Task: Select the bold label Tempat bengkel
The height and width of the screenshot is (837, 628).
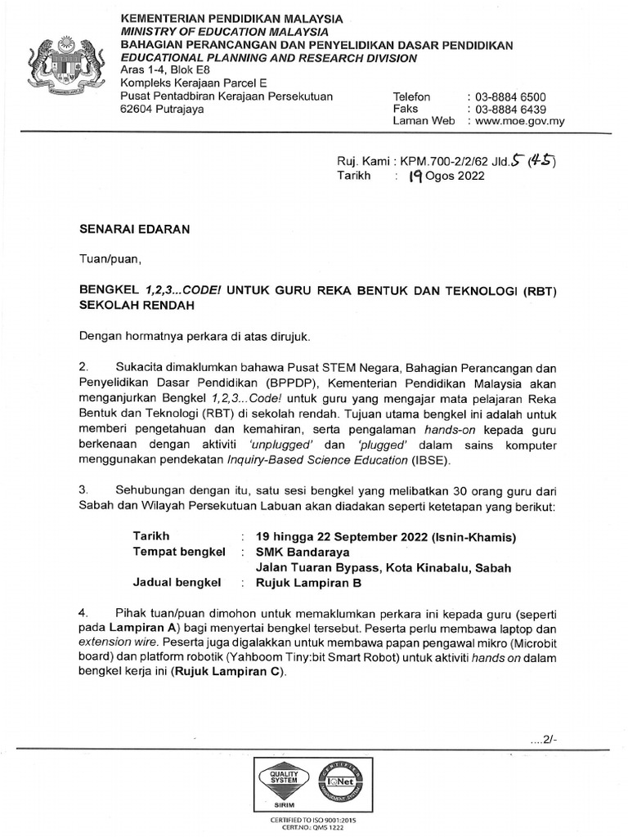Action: click(178, 552)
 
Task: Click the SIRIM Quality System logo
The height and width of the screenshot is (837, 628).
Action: click(280, 783)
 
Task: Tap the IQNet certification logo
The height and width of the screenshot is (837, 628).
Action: click(347, 783)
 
